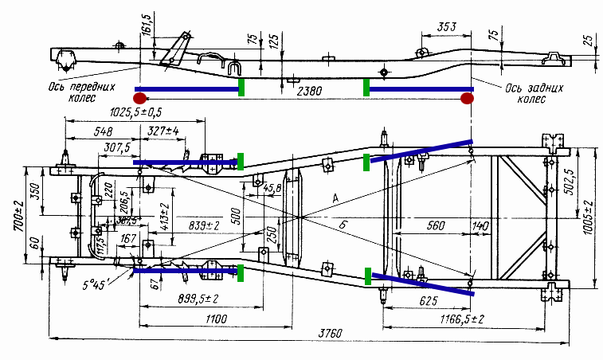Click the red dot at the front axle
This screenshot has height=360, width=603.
click(x=139, y=98)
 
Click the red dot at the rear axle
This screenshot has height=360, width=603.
click(x=468, y=98)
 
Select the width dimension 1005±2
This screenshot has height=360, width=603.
click(x=590, y=213)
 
